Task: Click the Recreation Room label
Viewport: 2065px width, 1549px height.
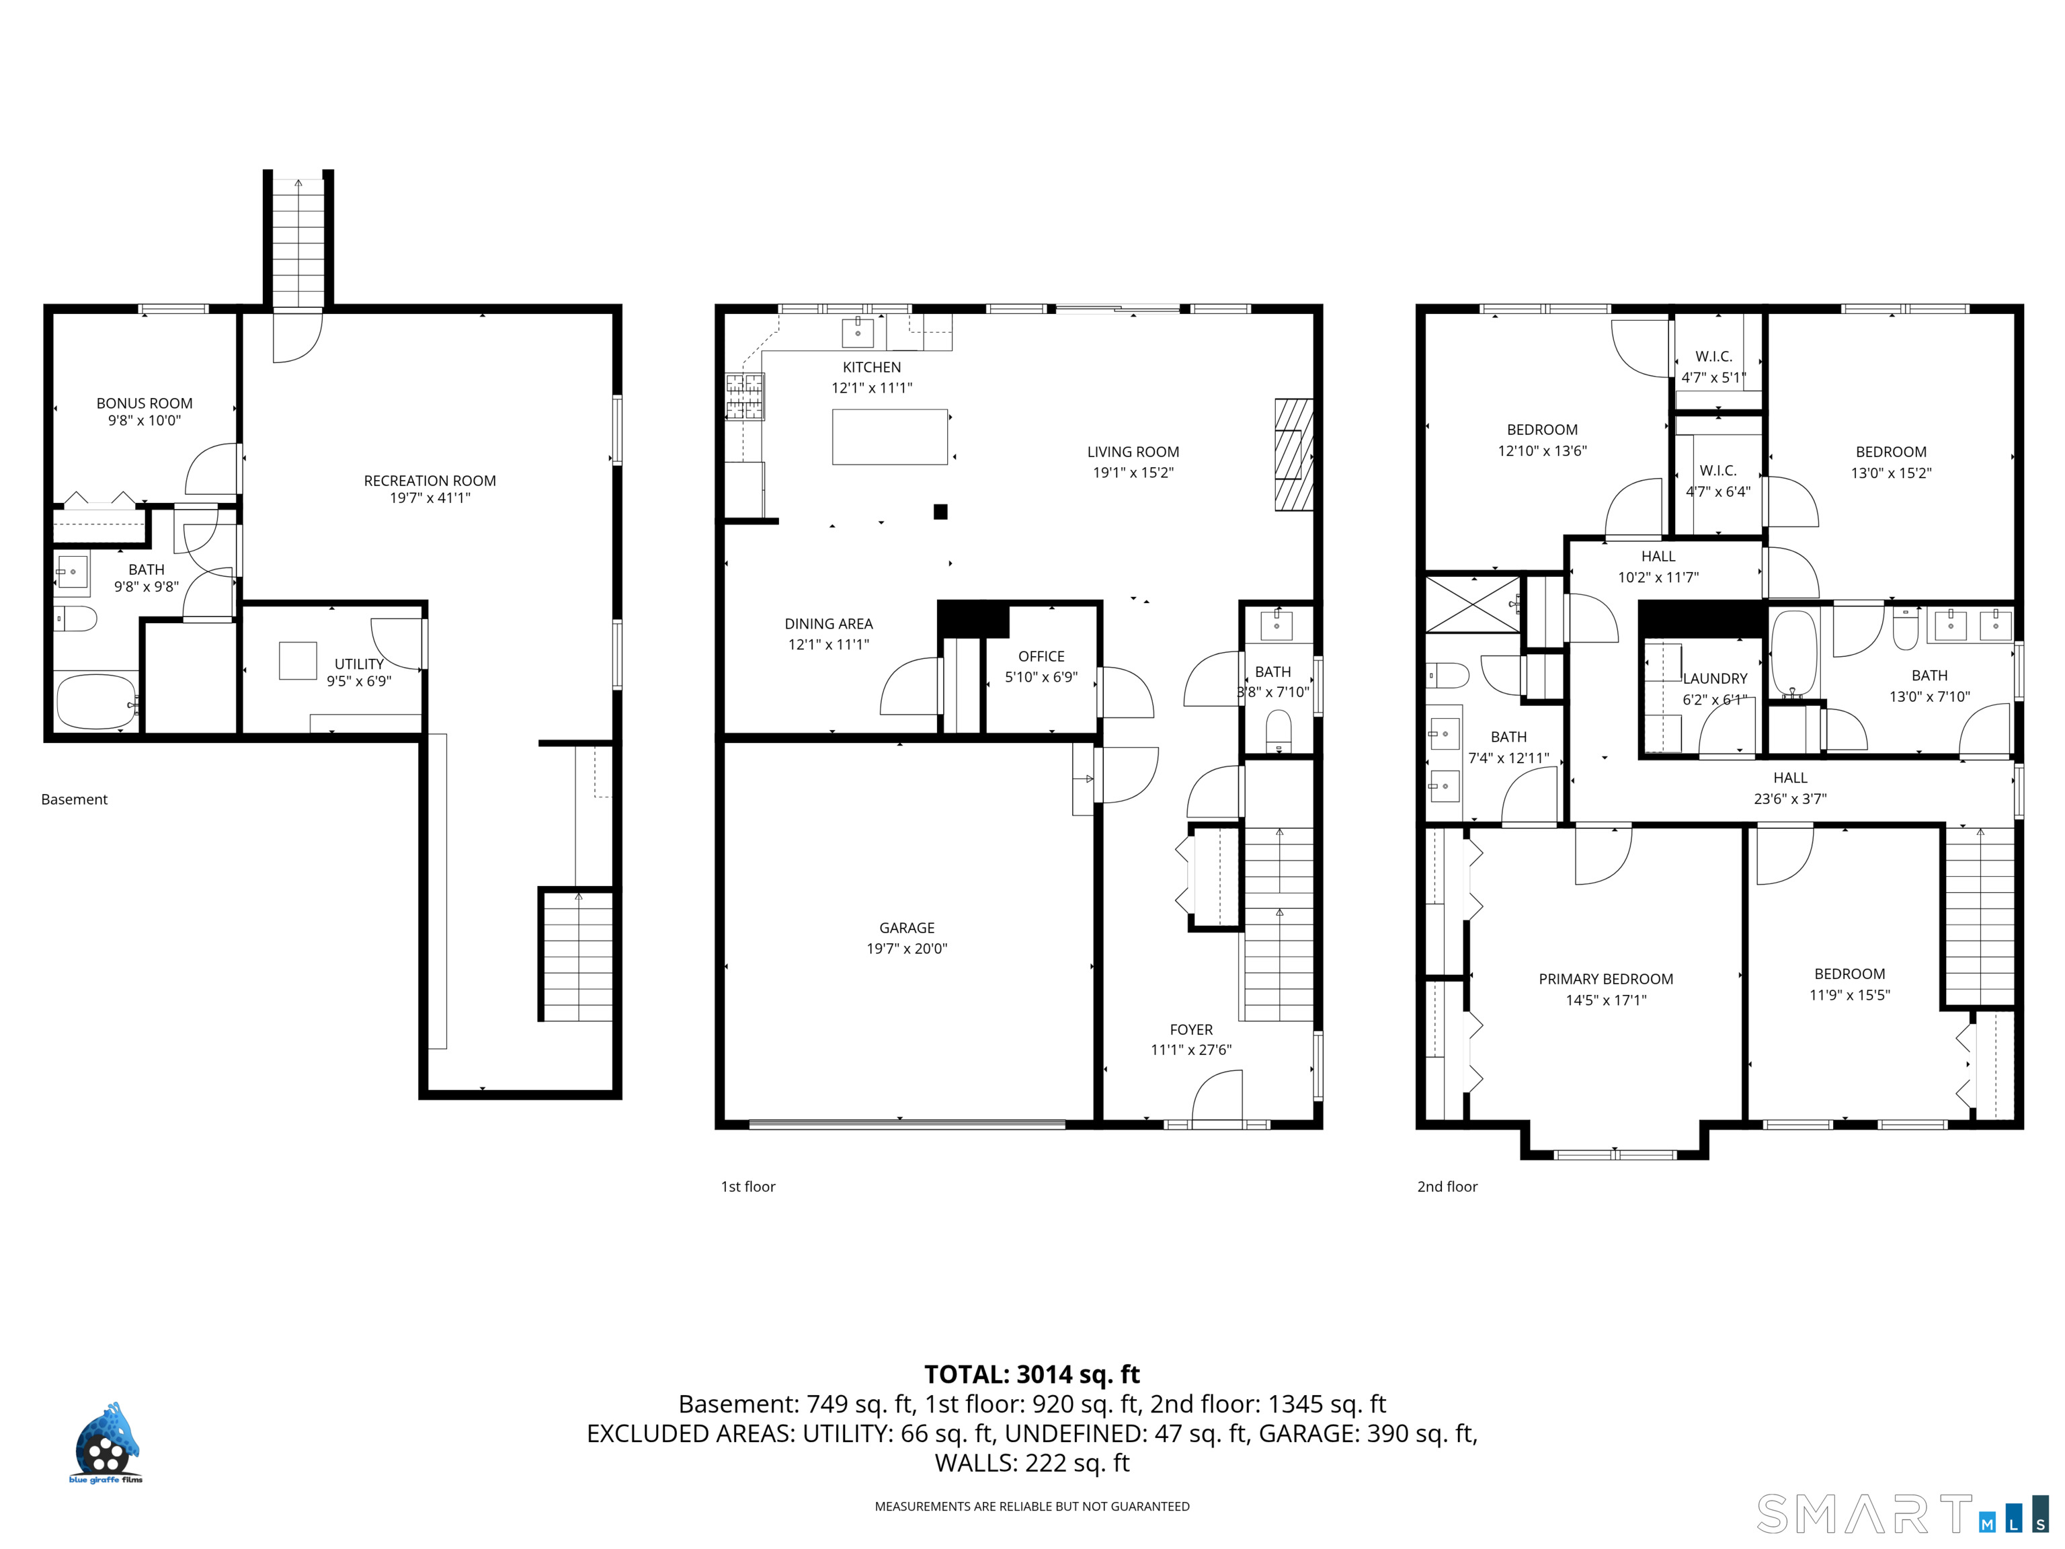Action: click(430, 481)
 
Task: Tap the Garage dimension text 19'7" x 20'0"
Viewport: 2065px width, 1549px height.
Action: click(907, 949)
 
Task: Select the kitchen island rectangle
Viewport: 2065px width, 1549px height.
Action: click(890, 437)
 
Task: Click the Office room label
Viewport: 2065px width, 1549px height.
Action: click(1041, 656)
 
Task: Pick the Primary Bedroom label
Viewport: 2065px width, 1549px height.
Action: click(1606, 978)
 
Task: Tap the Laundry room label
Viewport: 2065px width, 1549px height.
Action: click(1715, 679)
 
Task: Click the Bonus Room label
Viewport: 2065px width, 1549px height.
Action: click(145, 403)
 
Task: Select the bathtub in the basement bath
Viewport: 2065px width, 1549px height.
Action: click(97, 702)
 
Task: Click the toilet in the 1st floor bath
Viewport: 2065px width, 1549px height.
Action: click(1278, 729)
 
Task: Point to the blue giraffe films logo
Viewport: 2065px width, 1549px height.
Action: click(106, 1443)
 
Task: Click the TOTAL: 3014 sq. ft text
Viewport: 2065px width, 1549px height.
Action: click(1032, 1374)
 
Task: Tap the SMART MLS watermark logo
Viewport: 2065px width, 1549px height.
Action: click(1902, 1513)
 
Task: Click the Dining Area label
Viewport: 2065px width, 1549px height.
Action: click(828, 624)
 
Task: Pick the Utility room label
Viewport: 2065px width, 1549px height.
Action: click(360, 664)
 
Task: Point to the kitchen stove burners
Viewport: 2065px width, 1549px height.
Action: click(745, 396)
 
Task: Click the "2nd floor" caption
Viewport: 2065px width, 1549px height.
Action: click(1447, 1187)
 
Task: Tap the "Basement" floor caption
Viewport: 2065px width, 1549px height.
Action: click(75, 799)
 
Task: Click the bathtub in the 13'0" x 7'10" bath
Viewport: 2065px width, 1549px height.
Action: click(1794, 655)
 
